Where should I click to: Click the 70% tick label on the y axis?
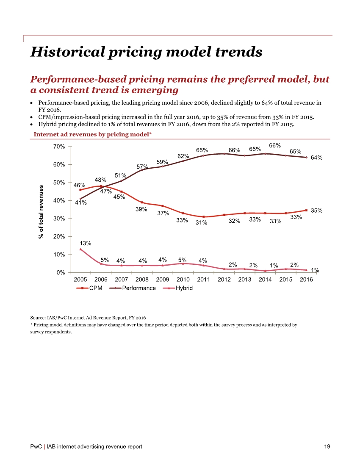pyautogui.click(x=59, y=147)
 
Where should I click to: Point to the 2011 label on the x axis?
pyautogui.click(x=204, y=280)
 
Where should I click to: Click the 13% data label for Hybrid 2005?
pyautogui.click(x=85, y=243)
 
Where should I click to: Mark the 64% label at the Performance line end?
pyautogui.click(x=316, y=158)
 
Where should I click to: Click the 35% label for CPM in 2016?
pyautogui.click(x=316, y=210)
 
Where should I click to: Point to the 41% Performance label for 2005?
pyautogui.click(x=81, y=202)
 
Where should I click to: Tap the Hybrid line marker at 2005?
pyautogui.click(x=80, y=249)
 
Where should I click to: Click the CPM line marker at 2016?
pyautogui.click(x=306, y=210)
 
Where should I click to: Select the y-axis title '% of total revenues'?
pyautogui.click(x=41, y=211)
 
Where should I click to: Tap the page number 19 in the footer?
pyautogui.click(x=327, y=447)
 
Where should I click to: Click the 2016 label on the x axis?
pyautogui.click(x=306, y=280)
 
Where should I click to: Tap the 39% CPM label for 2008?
pyautogui.click(x=141, y=209)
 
